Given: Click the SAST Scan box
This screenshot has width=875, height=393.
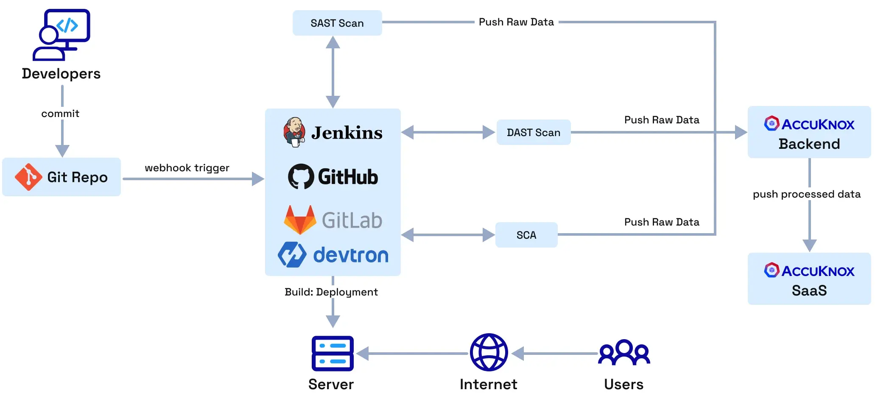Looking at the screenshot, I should coord(337,23).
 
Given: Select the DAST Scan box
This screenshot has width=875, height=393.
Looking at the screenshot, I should coord(533,132).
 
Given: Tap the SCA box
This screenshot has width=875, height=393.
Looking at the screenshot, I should coord(526,235).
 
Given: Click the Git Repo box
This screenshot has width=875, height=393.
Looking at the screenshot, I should coord(62,177).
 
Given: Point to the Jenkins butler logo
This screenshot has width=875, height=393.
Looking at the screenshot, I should coord(294,132).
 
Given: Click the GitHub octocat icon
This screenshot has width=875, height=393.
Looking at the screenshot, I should coord(301,176).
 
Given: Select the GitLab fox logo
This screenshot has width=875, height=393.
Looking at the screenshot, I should coord(300,220).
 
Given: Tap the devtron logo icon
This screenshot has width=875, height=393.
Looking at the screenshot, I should coord(292,254).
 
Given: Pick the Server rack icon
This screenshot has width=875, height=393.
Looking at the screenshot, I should coord(333,353).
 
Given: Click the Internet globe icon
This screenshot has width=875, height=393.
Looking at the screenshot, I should coord(489,352).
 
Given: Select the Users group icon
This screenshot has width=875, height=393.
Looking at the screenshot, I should coord(624,352).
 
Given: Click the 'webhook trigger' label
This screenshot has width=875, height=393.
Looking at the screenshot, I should coord(187,168).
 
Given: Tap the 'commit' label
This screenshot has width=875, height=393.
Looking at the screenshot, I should coord(60,114).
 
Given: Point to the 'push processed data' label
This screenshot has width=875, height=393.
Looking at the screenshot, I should coord(806,194).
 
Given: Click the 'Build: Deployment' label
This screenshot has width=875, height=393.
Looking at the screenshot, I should coord(331,292).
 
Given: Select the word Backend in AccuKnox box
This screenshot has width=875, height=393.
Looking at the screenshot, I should coord(809,144).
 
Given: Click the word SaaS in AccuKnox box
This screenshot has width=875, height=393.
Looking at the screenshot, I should coord(809,291).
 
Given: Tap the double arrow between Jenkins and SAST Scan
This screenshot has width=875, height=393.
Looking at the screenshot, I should coord(333,72).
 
